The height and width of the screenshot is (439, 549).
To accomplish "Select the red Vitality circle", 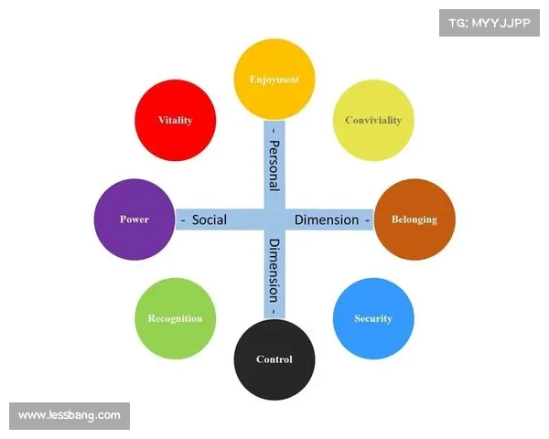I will coord(175,121).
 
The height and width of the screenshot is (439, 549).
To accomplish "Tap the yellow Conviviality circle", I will coord(373,121).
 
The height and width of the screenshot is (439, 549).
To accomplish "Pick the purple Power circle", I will coord(135,219).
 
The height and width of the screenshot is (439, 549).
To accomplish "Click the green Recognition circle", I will coord(175,318).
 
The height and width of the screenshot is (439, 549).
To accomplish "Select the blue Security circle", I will coord(373,318).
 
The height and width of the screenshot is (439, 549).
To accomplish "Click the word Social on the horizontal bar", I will coord(210,219).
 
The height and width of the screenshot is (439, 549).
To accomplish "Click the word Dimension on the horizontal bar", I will coord(327,219).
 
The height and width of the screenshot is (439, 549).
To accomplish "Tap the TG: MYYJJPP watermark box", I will coord(490,22).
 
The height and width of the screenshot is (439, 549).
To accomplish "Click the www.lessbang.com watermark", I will coord(70,415).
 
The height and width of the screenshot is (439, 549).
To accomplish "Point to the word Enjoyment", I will coord(274,80).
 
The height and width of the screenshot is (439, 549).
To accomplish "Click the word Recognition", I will coord(175,319).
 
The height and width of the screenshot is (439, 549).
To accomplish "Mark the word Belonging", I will coord(414,219).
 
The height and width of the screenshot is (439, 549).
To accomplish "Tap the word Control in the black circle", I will coord(274,359).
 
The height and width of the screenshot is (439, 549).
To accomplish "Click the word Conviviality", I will coord(373,121).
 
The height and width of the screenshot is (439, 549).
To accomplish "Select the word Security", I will coord(373,319).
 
